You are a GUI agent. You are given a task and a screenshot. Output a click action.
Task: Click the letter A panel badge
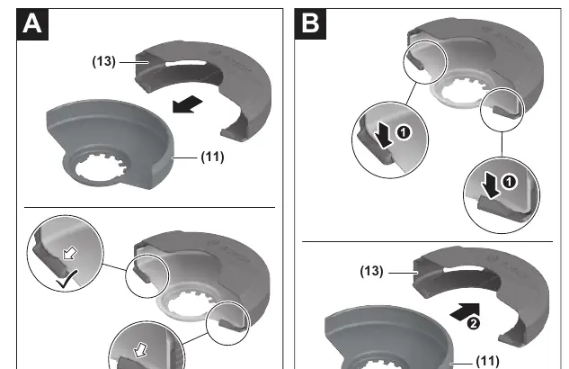(x=32, y=24)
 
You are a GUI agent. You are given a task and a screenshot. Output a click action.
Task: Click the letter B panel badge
(x=310, y=24)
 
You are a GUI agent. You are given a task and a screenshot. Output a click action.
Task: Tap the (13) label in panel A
(x=103, y=61)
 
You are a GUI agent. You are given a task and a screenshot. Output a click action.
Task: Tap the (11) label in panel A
(x=213, y=157)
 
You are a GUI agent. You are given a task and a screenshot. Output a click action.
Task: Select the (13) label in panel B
(x=371, y=271)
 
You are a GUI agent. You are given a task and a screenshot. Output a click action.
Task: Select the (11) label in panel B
(x=487, y=361)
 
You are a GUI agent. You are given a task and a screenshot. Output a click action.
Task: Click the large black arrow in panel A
(x=187, y=104)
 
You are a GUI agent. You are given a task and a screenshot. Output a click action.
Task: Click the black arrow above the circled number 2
(x=465, y=312)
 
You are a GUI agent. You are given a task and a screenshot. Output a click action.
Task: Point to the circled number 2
(x=473, y=323)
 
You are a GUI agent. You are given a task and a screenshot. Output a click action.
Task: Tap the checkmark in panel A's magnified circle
(x=67, y=279)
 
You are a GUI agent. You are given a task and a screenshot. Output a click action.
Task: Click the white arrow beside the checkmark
(x=70, y=253)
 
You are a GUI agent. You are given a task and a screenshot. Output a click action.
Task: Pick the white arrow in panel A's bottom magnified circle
(x=140, y=350)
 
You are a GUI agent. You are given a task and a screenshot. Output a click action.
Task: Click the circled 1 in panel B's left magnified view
(x=404, y=132)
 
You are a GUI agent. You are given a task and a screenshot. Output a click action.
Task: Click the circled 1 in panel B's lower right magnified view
(x=509, y=181)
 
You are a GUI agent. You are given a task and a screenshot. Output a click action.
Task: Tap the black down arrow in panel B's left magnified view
(x=384, y=135)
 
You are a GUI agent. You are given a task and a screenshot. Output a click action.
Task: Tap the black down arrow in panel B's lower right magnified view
(x=491, y=185)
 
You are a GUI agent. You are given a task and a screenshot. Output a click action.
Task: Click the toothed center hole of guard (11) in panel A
(x=101, y=168)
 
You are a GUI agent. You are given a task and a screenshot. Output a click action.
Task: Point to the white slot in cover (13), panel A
(x=185, y=64)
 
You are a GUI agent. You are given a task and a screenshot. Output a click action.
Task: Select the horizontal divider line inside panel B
(x=428, y=241)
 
